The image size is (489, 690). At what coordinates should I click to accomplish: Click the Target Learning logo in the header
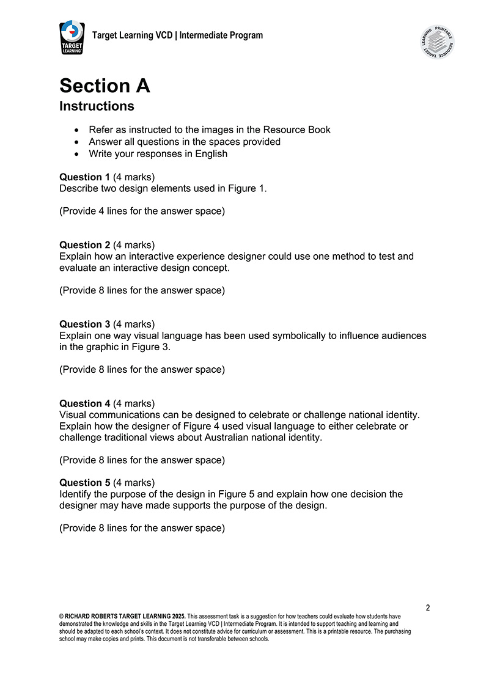coord(72,37)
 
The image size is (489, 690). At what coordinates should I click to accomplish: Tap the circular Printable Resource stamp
coord(437,42)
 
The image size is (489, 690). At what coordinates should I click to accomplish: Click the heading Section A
coord(105,86)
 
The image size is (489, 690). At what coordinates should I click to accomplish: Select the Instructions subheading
coord(97,106)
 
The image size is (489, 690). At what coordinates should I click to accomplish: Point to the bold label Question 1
coord(84,177)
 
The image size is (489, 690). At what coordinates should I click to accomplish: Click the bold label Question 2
coord(84,245)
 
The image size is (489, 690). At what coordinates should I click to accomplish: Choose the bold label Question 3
coord(84,324)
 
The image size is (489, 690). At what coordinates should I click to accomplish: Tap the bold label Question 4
coord(84,403)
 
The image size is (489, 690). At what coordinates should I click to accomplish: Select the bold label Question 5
coord(84,482)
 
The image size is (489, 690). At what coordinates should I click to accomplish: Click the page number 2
coord(428,607)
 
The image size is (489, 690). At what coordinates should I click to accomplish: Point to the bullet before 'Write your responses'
coord(76,154)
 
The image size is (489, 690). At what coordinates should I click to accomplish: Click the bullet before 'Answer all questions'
coord(76,142)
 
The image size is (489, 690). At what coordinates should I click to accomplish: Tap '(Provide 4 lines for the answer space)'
coord(142,211)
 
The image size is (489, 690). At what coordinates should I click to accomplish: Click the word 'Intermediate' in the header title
coord(205,35)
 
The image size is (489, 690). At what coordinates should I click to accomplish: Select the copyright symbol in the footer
coord(62,617)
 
